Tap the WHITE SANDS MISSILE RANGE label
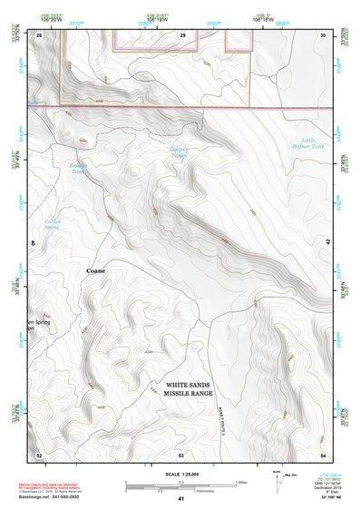coord(190,388)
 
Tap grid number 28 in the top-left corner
coord(39,34)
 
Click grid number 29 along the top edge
coord(182,34)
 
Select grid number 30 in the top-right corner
coord(324,34)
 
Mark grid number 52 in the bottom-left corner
coord(39,454)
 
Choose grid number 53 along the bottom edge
coord(181,454)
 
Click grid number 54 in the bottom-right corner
coord(324,454)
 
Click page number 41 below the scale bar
coord(181,499)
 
